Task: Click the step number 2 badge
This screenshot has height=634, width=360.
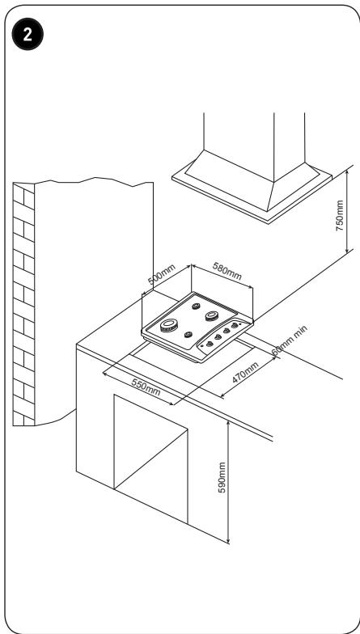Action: (28, 35)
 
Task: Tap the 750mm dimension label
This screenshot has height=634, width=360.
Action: (340, 215)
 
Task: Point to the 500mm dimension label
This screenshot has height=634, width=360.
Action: (162, 275)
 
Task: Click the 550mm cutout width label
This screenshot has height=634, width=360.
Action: (146, 387)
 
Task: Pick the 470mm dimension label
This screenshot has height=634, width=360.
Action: (245, 372)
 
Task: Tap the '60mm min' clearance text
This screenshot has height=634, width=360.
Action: (290, 340)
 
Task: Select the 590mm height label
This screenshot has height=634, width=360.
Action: (222, 477)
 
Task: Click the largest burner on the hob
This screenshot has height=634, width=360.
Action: (169, 325)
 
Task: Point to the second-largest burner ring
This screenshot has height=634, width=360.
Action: (212, 315)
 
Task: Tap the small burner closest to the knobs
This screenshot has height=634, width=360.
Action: (188, 335)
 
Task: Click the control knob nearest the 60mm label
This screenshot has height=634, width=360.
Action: (235, 325)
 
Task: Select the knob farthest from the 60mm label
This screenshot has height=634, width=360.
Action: (209, 344)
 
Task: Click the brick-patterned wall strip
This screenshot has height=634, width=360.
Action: (24, 304)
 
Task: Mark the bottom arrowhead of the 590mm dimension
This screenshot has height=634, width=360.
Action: (228, 540)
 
